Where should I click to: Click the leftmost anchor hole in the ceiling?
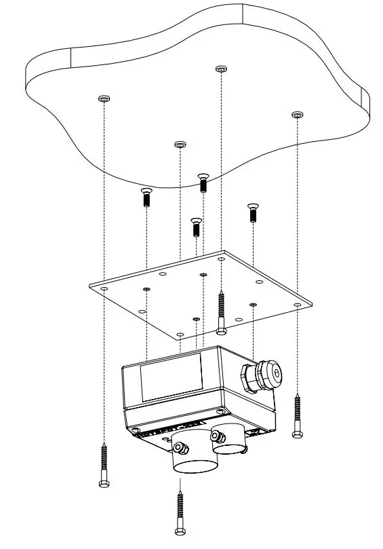point(103,99)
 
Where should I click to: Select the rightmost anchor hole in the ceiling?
point(296,115)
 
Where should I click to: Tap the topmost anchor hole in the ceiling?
point(220,69)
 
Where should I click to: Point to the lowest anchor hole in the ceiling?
point(180,145)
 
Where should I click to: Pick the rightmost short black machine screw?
point(253,212)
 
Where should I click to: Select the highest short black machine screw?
point(203,182)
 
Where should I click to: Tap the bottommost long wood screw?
point(180,512)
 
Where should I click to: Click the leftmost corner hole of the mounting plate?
point(104,288)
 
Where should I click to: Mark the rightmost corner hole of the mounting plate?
point(298,305)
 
